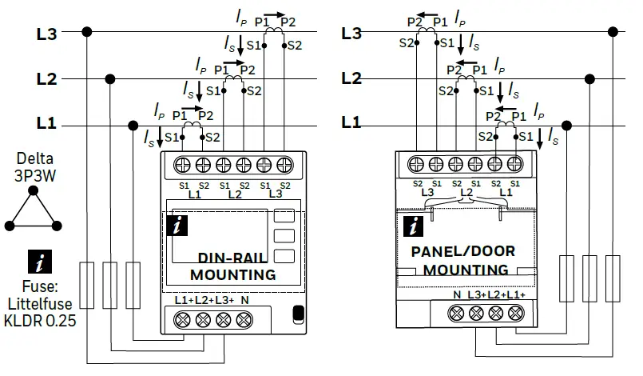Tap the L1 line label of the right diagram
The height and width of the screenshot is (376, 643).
tap(351, 123)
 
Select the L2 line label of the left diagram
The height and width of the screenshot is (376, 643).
tap(46, 79)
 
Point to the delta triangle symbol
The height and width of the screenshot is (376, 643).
tap(33, 210)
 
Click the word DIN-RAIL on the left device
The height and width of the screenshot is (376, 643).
tap(232, 258)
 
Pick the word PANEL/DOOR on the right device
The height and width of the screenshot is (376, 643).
tap(463, 251)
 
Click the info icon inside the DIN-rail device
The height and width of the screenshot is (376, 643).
tap(177, 226)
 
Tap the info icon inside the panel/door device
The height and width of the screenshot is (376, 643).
tap(413, 226)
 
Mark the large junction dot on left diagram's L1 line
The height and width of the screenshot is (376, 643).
tap(132, 125)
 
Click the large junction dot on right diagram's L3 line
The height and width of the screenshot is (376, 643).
tap(614, 33)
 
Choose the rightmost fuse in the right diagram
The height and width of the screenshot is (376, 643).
tap(614, 279)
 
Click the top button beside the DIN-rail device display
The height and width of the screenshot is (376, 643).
tap(283, 215)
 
